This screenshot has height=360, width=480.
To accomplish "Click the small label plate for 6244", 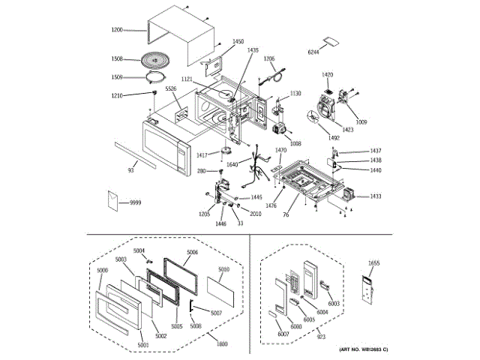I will point(328,41).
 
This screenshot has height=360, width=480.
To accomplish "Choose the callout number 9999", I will point(135,203).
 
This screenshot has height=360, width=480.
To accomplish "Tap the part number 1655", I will point(375,263).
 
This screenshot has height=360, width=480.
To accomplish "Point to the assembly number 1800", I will point(223,343).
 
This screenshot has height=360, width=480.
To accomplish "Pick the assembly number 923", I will point(322,339).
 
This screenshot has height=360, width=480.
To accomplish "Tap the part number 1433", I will point(375,196).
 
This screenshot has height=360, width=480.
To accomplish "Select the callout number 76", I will point(285,216).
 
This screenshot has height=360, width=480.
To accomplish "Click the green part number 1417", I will point(202,155).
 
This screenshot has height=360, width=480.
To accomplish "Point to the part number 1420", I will point(327,75).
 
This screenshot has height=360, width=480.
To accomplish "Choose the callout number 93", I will point(130,171).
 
